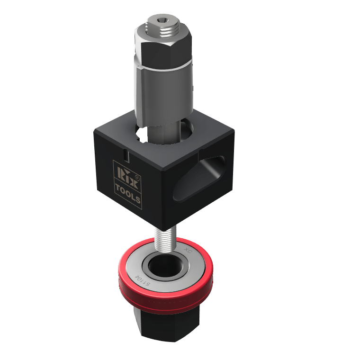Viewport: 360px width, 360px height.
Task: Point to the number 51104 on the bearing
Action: click(143, 279)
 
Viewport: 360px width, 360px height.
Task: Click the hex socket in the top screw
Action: click(160, 21)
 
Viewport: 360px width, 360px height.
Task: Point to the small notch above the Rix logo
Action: click(126, 155)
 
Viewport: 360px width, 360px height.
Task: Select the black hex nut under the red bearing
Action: click(166, 327)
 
